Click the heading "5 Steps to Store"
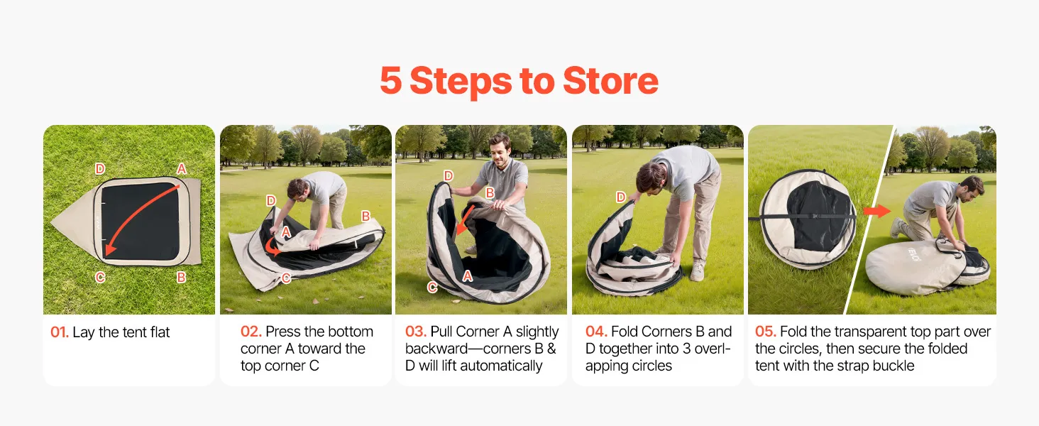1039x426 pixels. [519, 81]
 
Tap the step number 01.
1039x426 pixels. [60, 332]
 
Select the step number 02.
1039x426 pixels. [251, 332]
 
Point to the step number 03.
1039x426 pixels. [416, 332]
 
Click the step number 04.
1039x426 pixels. [596, 332]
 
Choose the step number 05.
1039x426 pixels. [765, 332]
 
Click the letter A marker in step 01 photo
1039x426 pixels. [182, 169]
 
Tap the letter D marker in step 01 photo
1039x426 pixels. [100, 169]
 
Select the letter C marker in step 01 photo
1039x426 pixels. [100, 278]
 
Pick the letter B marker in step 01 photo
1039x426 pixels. [182, 278]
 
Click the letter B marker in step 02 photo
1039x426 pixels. [366, 216]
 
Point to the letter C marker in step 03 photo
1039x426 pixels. [432, 288]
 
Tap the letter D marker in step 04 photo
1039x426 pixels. [620, 197]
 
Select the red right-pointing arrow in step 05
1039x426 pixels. [876, 211]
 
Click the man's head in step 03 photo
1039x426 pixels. [498, 148]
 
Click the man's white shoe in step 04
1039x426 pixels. [697, 271]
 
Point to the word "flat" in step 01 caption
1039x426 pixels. [160, 332]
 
